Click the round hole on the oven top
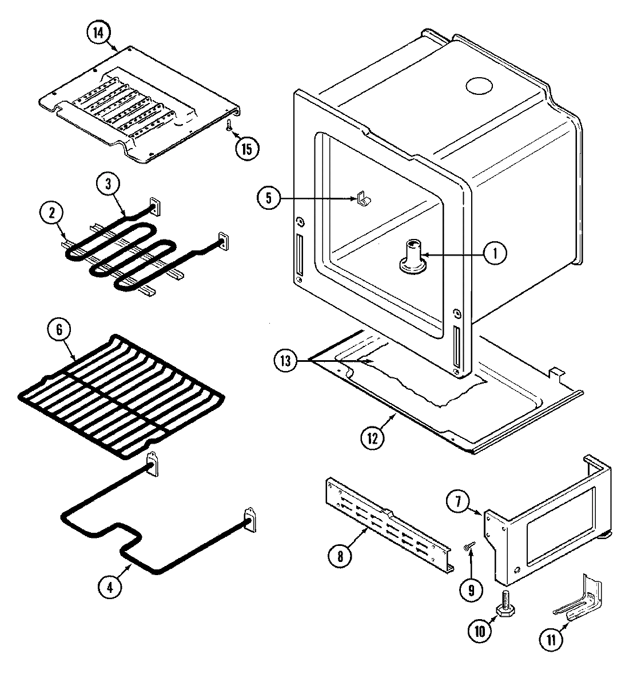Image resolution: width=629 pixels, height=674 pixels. (479, 86)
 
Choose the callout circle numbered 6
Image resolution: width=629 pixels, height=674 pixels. (61, 330)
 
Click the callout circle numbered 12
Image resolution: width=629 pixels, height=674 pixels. (372, 438)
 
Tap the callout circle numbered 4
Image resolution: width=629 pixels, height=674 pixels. (110, 588)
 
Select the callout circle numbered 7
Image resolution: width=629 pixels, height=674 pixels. (459, 502)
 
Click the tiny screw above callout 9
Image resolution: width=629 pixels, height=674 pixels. (469, 548)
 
